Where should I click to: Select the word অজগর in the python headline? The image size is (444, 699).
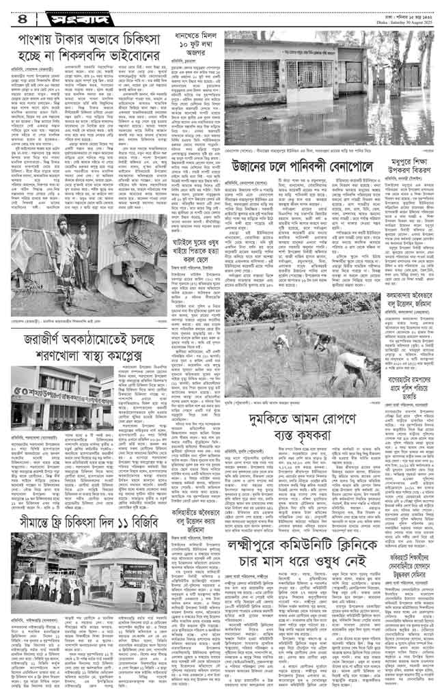coord(193,70)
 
